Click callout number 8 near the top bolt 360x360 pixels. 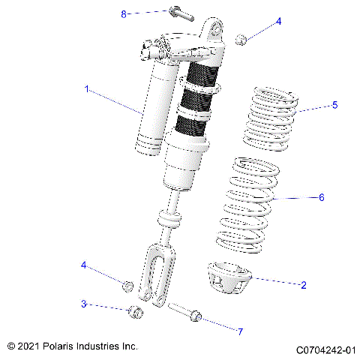(x=124, y=13)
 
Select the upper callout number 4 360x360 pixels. (x=278, y=22)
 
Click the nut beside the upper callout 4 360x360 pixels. (x=241, y=39)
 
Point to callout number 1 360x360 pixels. (x=87, y=89)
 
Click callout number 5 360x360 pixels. (x=334, y=105)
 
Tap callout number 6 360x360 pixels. (x=322, y=198)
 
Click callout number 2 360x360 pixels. (x=303, y=285)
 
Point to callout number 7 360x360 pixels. (x=240, y=331)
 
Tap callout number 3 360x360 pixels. (x=84, y=304)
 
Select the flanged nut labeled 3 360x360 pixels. (x=135, y=312)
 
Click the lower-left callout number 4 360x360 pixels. (x=84, y=265)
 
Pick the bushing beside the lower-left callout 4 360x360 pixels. (x=128, y=286)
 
